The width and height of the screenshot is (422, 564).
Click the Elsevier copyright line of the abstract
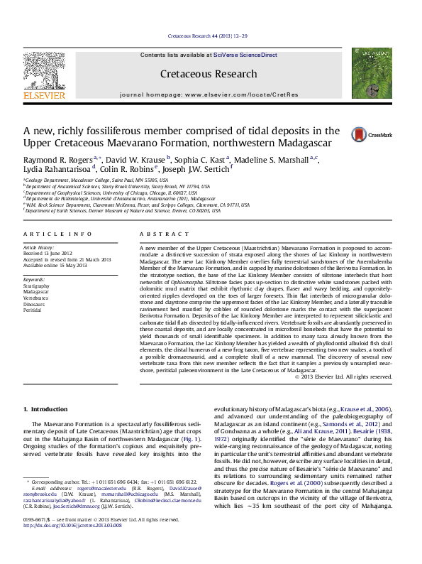pyautogui.click(x=343, y=376)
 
